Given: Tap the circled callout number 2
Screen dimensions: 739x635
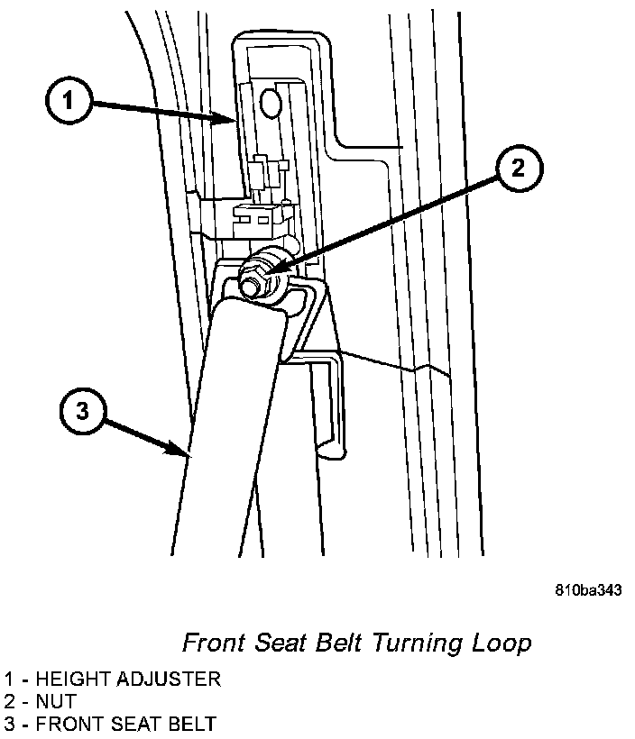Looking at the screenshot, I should (x=519, y=168).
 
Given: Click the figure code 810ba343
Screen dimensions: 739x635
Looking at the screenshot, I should (x=588, y=591).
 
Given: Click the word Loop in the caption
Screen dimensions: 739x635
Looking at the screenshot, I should (x=502, y=643).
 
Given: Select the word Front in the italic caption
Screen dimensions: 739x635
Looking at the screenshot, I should (x=214, y=643).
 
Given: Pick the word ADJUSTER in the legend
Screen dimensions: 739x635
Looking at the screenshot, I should (x=170, y=679).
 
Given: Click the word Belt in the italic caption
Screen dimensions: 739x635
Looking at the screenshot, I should (x=335, y=643).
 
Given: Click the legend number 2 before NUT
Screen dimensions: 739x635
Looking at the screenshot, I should (x=8, y=700).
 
